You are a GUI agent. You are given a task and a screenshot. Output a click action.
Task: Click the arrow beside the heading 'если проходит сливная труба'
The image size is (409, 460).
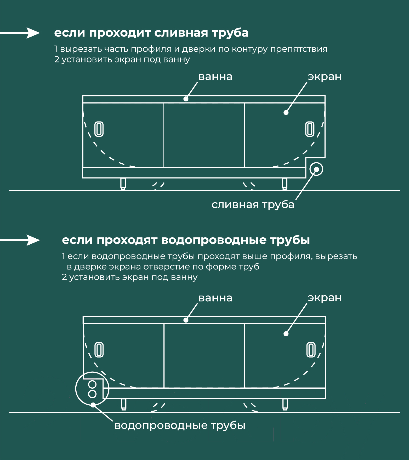point(20,33)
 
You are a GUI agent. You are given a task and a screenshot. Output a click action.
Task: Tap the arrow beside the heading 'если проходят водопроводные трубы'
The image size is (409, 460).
point(20,240)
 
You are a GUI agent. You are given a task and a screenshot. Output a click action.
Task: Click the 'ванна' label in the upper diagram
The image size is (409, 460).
point(215,77)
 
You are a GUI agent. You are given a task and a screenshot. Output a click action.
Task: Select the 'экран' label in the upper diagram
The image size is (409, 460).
point(325,77)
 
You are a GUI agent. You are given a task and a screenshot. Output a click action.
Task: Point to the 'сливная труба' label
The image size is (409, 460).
point(253,204)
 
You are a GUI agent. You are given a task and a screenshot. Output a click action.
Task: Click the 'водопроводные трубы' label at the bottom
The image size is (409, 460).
point(180,425)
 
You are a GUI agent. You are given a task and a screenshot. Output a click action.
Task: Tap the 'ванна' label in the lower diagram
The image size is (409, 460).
point(215,298)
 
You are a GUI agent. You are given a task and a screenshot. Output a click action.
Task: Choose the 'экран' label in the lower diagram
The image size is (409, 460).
point(325,298)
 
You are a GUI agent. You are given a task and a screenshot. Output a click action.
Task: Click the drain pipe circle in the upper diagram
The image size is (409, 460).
point(316,169)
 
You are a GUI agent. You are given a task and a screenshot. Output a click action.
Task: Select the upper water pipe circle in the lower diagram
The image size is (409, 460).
point(92,384)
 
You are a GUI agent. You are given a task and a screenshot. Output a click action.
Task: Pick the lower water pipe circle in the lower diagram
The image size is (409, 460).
point(92,394)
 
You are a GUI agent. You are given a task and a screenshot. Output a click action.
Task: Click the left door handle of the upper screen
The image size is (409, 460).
point(99,129)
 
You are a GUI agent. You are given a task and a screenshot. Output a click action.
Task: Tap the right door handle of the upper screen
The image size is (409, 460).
point(310,129)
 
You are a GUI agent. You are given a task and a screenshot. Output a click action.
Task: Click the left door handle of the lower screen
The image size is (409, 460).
point(99,350)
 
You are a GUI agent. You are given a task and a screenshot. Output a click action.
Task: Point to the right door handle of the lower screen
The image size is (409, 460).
point(311,350)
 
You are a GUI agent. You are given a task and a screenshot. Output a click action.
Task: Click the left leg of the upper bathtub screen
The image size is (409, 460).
point(123,184)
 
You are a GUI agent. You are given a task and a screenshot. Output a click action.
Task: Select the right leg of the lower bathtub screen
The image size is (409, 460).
point(285,405)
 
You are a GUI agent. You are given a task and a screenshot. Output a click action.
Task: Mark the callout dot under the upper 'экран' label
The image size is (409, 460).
point(286,112)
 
